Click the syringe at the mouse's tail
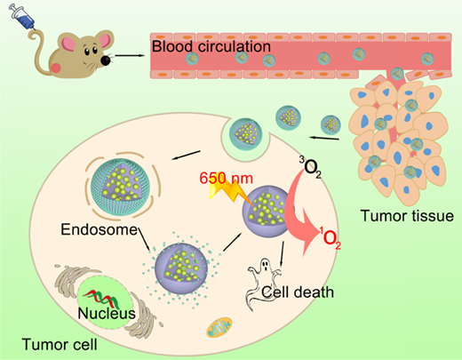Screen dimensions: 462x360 (22, 17)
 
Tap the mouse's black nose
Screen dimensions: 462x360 (106, 60)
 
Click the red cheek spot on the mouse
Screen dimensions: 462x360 (56, 68)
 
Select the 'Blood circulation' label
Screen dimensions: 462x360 (211, 46)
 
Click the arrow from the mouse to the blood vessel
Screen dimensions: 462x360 (130, 55)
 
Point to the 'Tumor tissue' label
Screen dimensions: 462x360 (407, 216)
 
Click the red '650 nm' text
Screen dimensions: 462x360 (226, 179)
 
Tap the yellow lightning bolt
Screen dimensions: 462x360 (232, 193)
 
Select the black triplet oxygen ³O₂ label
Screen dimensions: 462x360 (310, 167)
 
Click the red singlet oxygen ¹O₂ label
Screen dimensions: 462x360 (330, 237)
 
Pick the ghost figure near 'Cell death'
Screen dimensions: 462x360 (264, 284)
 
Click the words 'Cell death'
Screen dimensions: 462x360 (298, 292)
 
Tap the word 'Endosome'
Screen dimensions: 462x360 (100, 229)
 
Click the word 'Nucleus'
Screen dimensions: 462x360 (107, 313)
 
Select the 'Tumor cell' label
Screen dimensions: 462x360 (60, 345)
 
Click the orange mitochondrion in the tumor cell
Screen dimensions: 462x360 (219, 327)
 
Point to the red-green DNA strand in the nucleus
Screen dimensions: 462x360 (101, 299)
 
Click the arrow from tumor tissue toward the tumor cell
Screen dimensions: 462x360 (324, 138)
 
